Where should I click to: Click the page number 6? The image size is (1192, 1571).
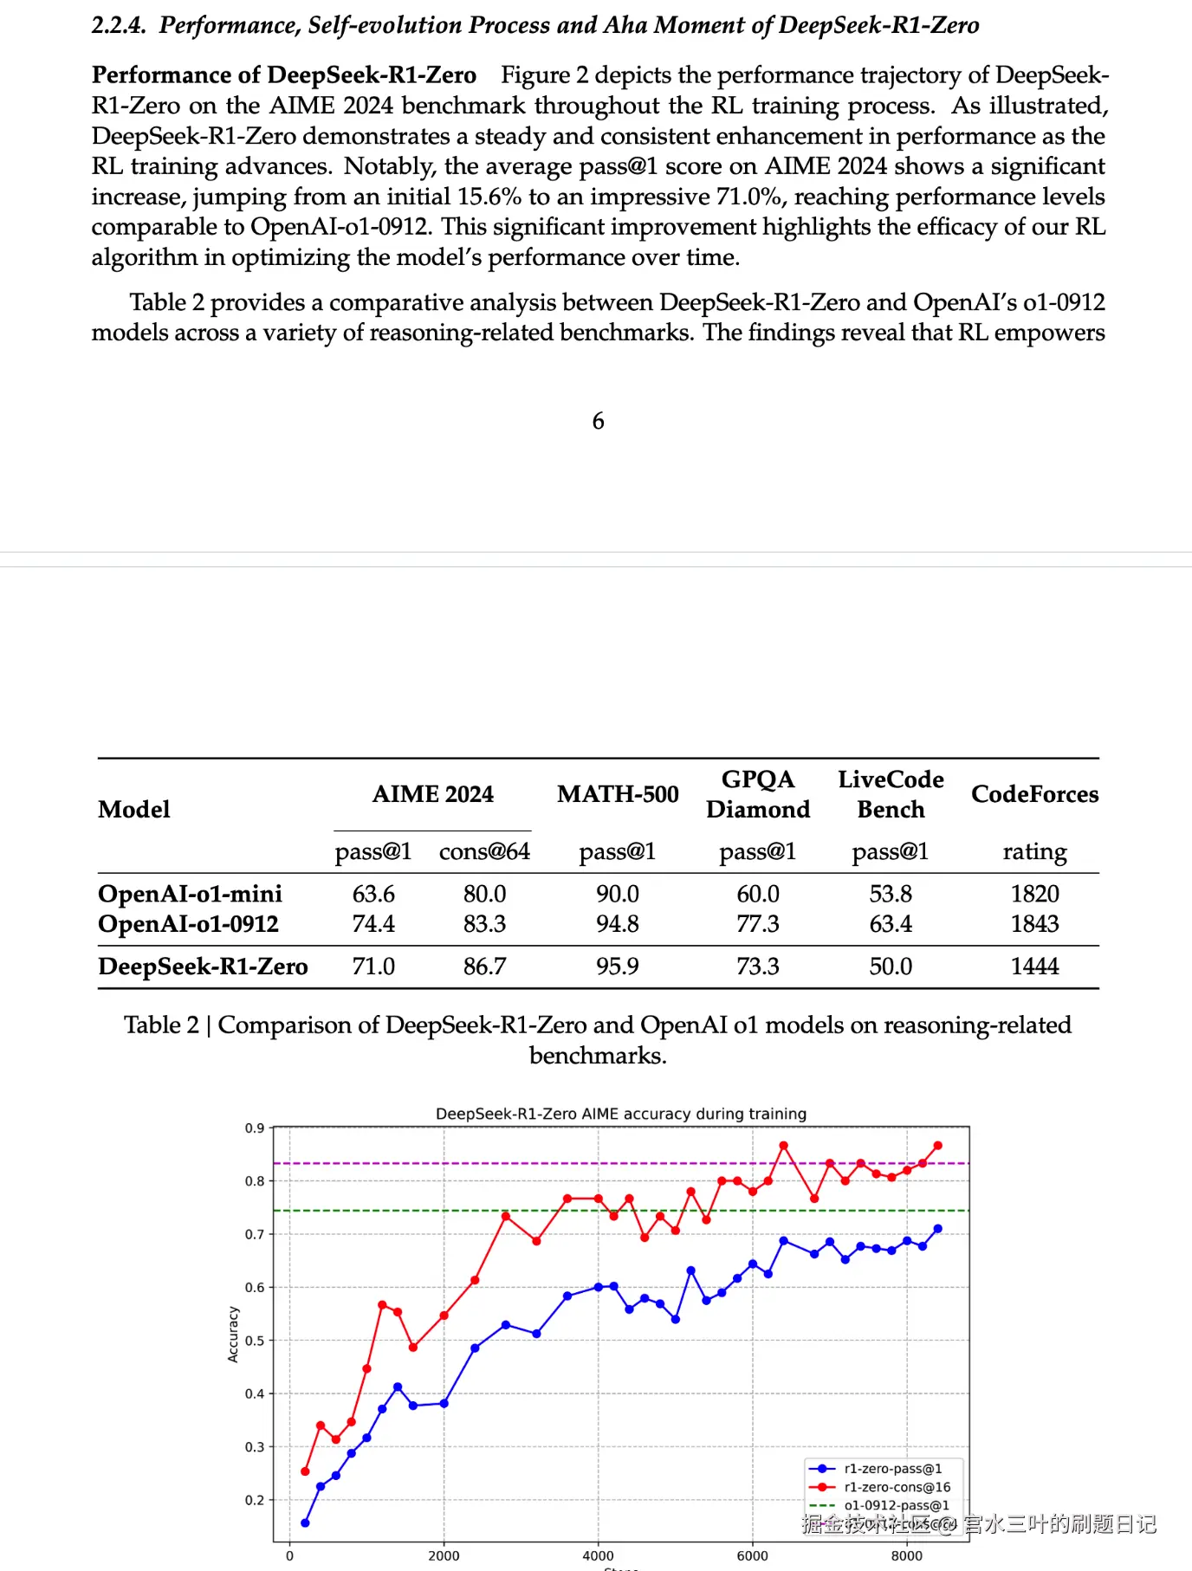pos(598,421)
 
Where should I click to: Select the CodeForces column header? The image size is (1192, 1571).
pos(1034,794)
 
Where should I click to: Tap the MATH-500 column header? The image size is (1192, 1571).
pos(618,794)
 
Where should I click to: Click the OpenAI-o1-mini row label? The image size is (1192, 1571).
pos(190,894)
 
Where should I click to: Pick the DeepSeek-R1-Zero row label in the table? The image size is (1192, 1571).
pos(203,967)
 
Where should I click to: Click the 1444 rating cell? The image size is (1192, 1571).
pos(1034,967)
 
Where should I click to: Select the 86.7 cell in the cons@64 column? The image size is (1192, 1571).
pos(484,967)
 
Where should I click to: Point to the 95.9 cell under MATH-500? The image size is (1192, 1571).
pos(618,967)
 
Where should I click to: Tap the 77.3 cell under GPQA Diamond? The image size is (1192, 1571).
pos(758,924)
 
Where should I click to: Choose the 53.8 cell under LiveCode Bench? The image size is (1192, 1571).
pos(891,894)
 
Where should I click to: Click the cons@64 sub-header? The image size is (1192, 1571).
pos(484,852)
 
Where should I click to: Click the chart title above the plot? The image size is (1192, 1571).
pos(621,1114)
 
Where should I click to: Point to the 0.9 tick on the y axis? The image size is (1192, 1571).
pos(255,1128)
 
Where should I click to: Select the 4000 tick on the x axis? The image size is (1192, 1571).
pos(598,1555)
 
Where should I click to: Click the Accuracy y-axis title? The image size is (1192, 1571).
pos(233,1335)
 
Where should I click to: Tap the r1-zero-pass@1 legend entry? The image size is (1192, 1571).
pos(892,1469)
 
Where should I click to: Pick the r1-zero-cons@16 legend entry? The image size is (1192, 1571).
pos(897,1487)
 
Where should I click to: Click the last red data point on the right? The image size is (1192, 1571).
pos(937,1146)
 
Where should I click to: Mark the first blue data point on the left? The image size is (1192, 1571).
pos(305,1523)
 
